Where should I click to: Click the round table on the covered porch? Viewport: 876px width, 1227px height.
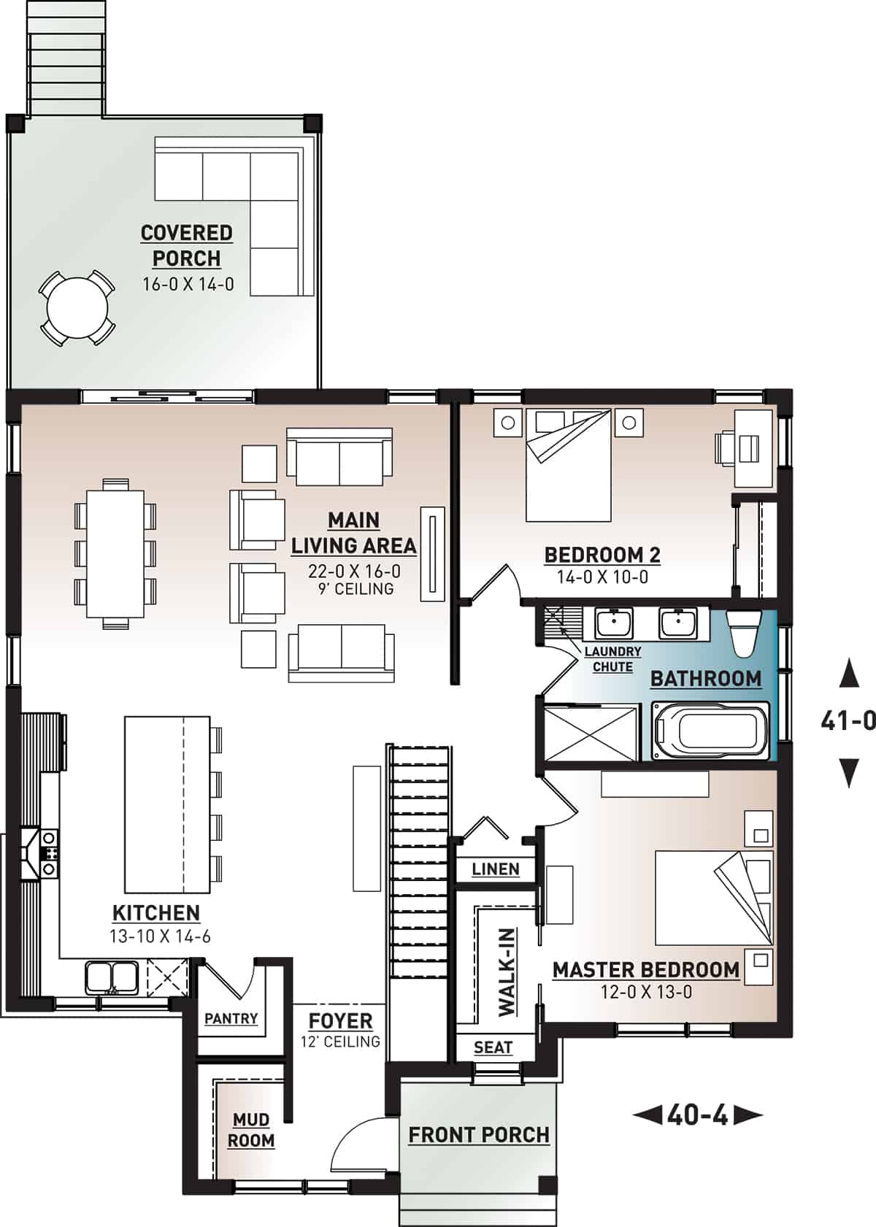[77, 309]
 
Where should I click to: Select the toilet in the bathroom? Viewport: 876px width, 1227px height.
[745, 633]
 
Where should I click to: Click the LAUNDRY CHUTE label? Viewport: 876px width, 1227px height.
[612, 659]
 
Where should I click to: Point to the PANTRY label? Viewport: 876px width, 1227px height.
[231, 1018]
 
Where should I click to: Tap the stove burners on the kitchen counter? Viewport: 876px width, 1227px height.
[49, 853]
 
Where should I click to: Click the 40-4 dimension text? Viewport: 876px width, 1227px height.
[697, 1115]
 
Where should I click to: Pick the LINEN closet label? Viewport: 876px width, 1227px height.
[496, 869]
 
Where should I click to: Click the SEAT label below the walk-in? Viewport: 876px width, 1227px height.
[493, 1047]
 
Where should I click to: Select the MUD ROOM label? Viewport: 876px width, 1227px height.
[251, 1130]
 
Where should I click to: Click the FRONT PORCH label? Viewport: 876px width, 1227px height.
[478, 1135]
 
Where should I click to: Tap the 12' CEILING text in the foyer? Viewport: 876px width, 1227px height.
[340, 1042]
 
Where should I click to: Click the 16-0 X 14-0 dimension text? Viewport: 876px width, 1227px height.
[188, 284]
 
